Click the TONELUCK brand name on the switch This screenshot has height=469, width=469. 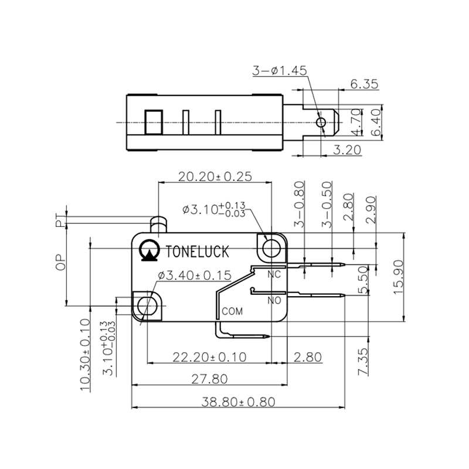(198, 251)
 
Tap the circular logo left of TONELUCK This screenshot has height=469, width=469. (150, 250)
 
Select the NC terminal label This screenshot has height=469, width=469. (274, 274)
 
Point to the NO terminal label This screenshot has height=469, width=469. (274, 300)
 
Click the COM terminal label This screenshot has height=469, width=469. (232, 311)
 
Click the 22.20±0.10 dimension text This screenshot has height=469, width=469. (208, 356)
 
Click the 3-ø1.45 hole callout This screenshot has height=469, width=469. (280, 71)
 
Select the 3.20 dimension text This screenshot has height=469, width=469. (346, 150)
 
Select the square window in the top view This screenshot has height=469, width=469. (153, 123)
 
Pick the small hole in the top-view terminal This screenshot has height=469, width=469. (320, 122)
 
